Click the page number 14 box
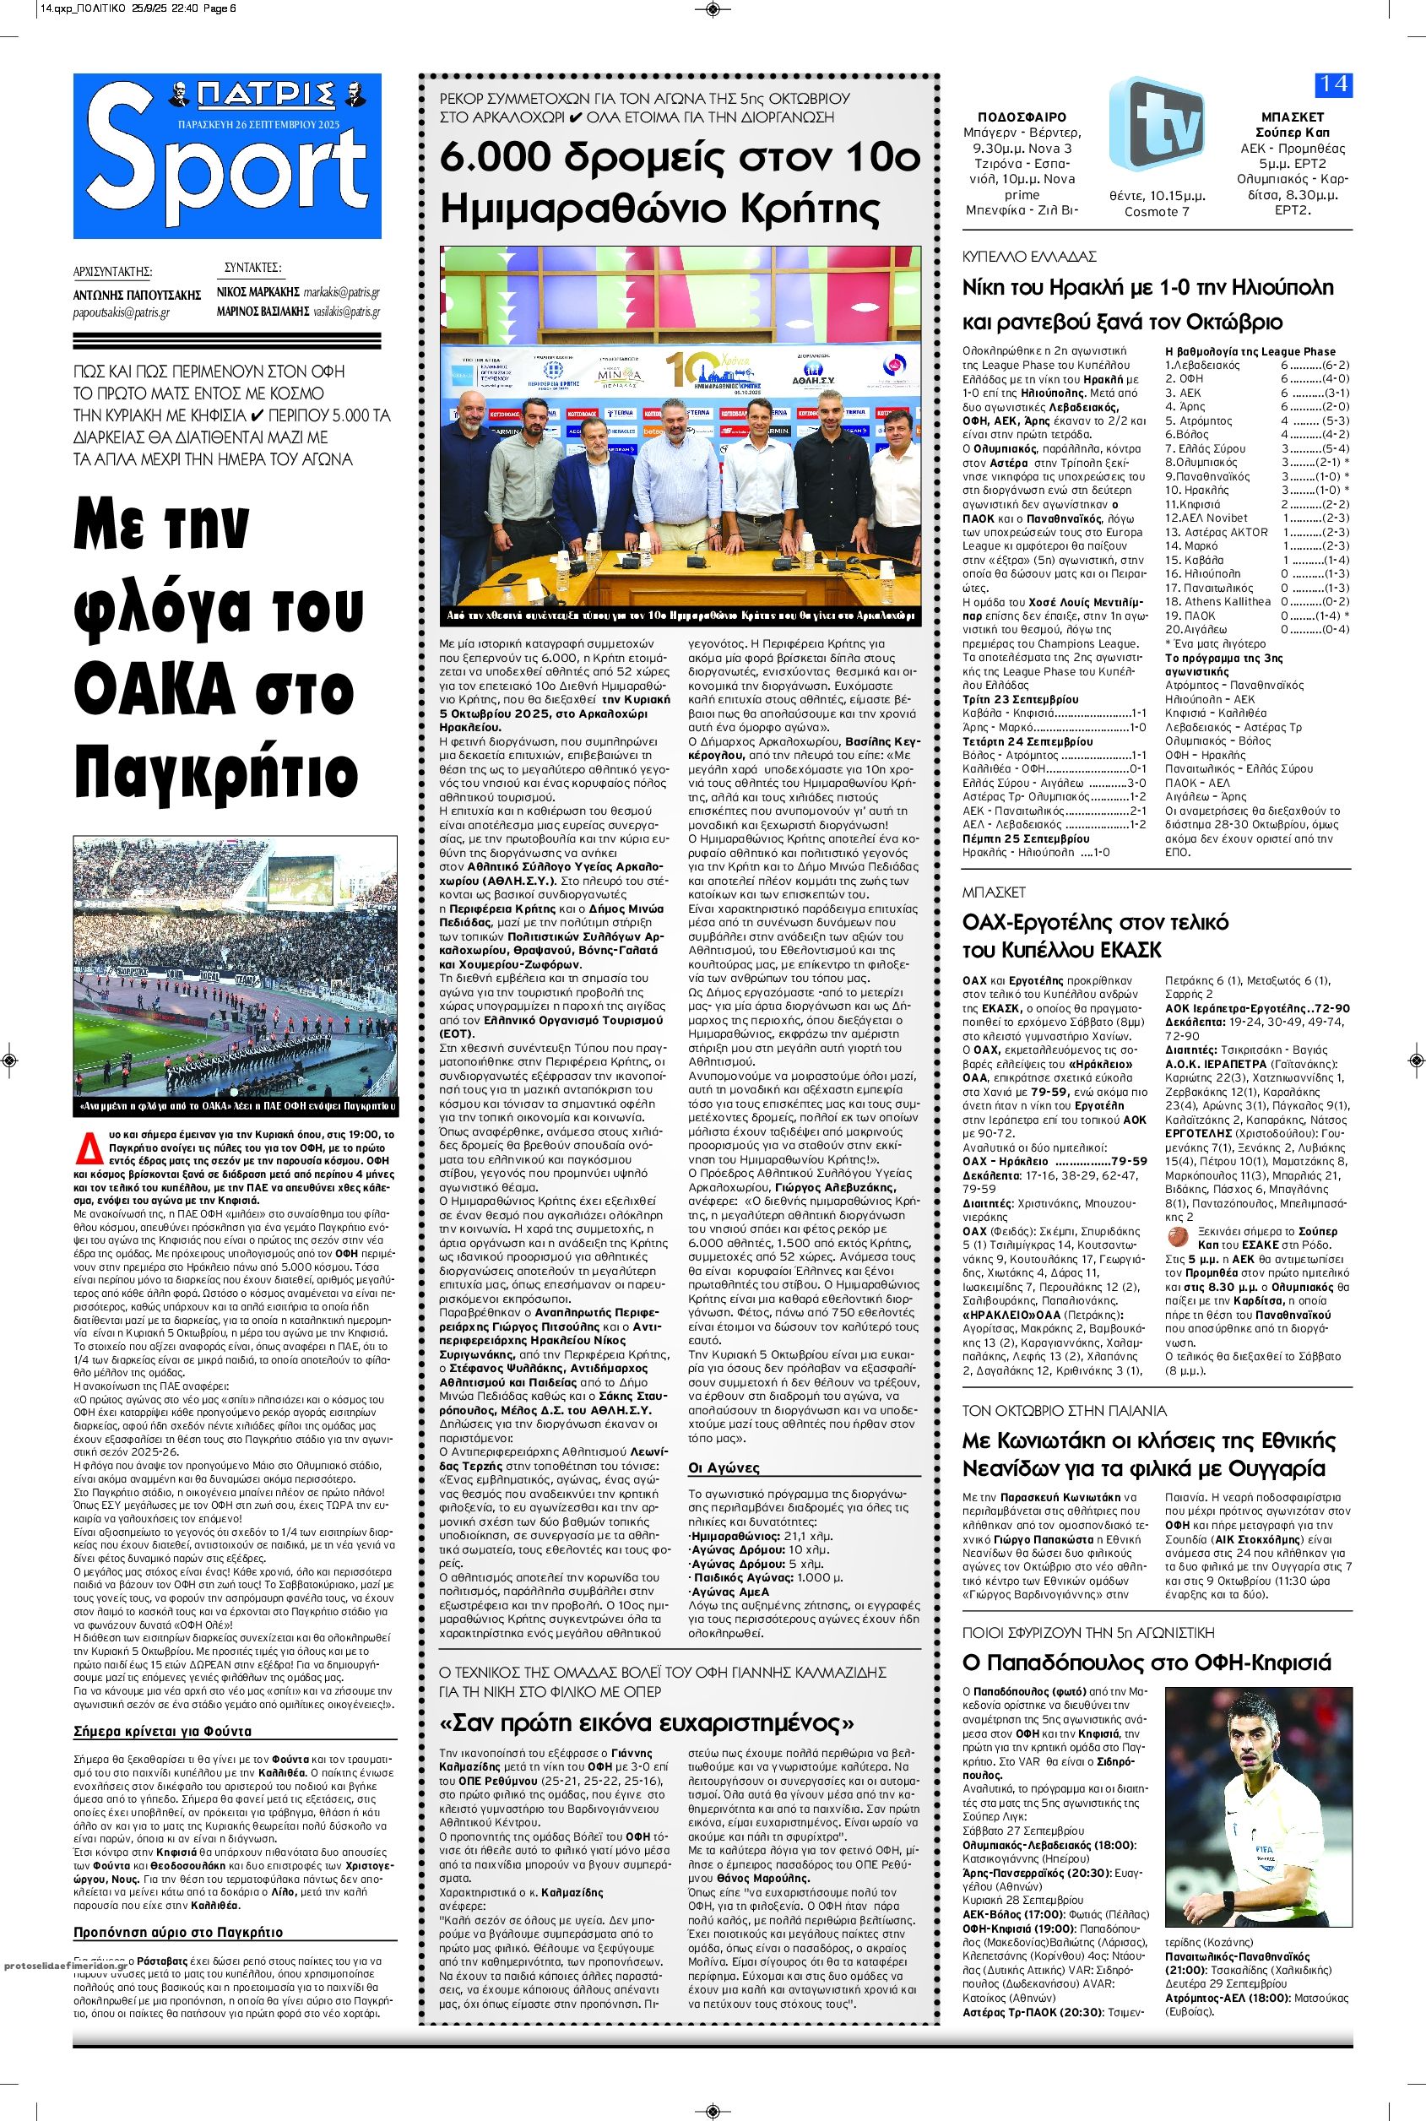1333,84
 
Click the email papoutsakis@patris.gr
122,313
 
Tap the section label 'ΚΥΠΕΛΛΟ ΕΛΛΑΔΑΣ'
1028,257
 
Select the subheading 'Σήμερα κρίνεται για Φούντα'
162,1732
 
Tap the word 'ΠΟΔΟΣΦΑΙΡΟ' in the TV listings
1022,117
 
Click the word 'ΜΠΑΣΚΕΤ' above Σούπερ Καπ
1293,117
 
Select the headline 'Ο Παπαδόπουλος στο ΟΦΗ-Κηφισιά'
1146,1663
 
